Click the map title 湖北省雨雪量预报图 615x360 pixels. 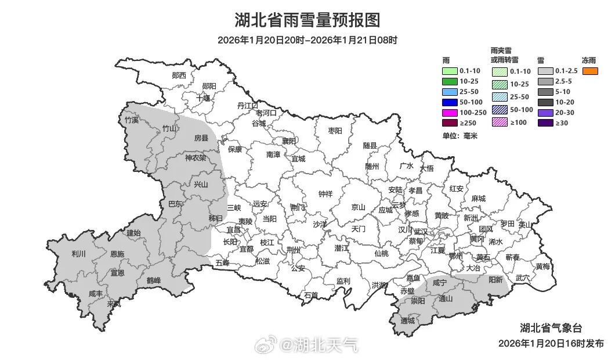tap(307, 20)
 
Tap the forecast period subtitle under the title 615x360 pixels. tap(307, 40)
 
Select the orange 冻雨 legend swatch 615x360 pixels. tap(590, 71)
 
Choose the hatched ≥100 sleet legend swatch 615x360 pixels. tap(500, 122)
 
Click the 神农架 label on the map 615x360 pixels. tap(196, 158)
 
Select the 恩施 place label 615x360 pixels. tap(117, 254)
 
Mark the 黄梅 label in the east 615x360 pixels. tap(543, 267)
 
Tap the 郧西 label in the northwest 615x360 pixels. tap(179, 75)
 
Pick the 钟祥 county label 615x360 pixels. tap(325, 195)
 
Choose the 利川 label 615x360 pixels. tap(78, 254)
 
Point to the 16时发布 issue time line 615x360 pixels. tap(551, 343)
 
